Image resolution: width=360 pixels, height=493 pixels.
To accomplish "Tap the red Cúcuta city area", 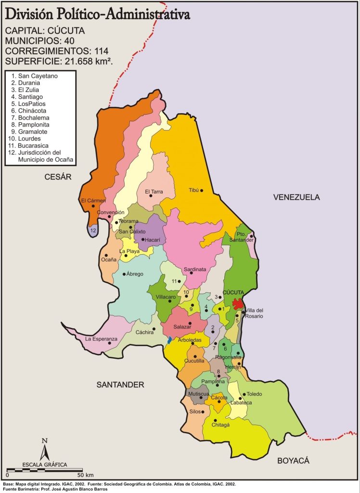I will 237,304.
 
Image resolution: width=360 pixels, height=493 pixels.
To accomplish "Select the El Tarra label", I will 154,191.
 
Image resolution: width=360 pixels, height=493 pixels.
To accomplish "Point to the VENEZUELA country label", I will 296,197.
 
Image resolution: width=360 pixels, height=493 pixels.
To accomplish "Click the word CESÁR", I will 58,177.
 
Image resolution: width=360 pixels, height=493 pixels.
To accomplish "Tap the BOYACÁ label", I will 293,461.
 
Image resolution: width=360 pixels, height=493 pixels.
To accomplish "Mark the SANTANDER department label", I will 120,385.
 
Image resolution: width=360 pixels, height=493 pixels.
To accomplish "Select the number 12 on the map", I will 93,231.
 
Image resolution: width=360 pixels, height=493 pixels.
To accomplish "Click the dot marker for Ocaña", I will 106,255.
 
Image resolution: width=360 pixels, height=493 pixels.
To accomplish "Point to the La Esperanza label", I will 101,339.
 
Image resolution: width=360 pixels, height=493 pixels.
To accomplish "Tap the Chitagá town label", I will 221,425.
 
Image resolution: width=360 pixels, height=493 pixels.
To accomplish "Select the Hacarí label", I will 152,239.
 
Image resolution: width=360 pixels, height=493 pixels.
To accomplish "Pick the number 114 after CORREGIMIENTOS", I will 102,51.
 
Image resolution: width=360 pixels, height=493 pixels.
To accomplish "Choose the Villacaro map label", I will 166,297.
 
